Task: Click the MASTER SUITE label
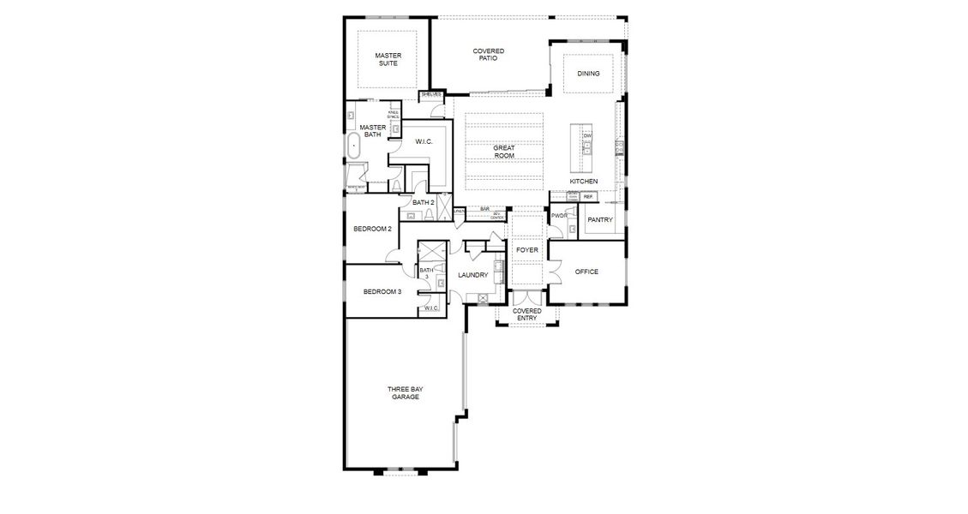point(388,60)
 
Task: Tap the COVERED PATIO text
point(489,55)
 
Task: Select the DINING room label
point(588,74)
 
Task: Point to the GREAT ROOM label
point(504,152)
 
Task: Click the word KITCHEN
point(584,182)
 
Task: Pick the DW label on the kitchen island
point(587,136)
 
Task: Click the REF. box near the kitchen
point(588,197)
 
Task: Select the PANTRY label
point(600,220)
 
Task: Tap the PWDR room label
point(560,216)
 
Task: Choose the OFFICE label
point(586,272)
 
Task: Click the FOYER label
point(526,250)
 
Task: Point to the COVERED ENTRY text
point(526,314)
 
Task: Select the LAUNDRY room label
point(472,275)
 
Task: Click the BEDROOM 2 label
point(372,229)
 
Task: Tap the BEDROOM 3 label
point(382,292)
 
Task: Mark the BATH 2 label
point(424,203)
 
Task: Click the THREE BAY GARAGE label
point(405,392)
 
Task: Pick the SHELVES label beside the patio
point(430,94)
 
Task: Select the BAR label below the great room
point(484,209)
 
